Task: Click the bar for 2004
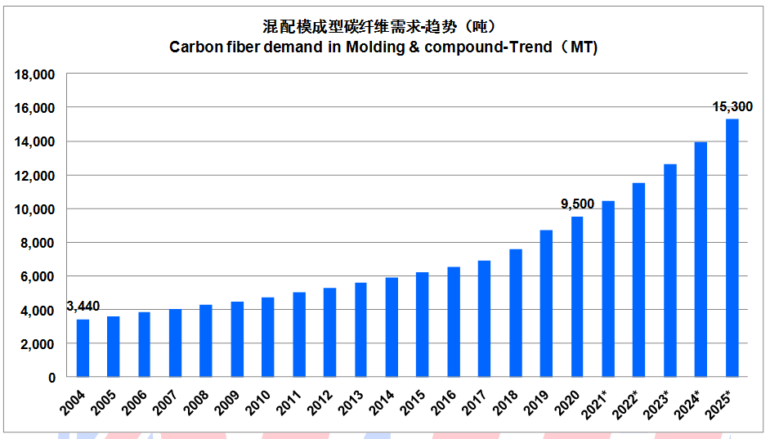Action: pos(83,348)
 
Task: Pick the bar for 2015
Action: pos(423,325)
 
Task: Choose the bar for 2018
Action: pos(515,313)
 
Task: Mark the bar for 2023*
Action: pos(670,271)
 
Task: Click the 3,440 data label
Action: pos(83,307)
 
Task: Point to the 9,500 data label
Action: pos(577,204)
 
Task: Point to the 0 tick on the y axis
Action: pos(51,378)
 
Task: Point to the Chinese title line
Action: pos(383,25)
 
